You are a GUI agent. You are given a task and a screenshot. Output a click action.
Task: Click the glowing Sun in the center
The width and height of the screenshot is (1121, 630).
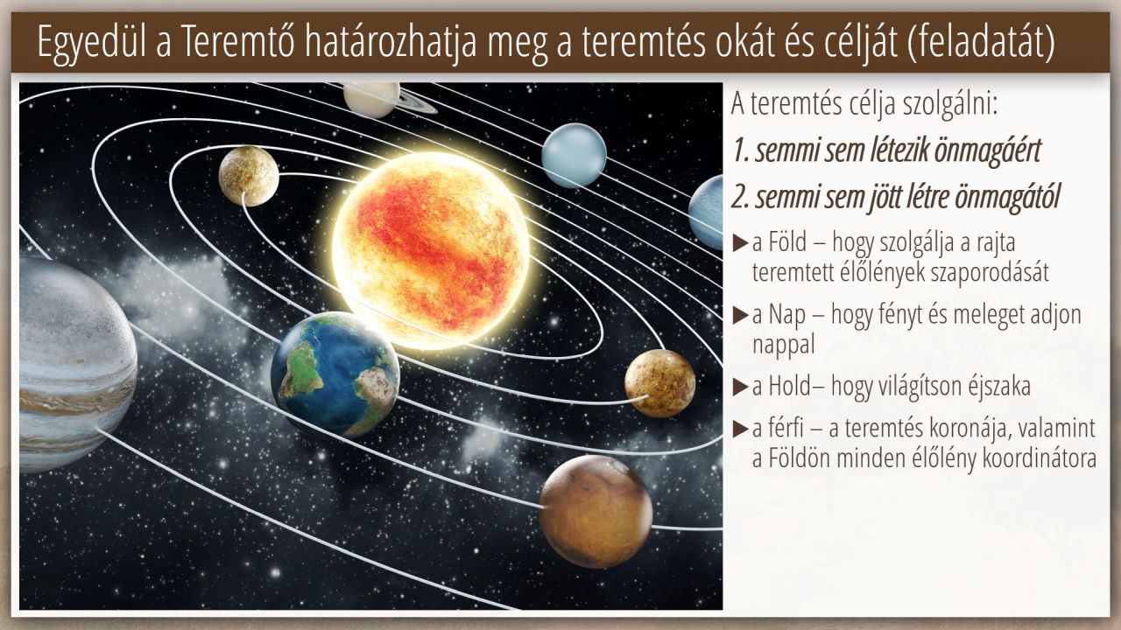click(x=430, y=251)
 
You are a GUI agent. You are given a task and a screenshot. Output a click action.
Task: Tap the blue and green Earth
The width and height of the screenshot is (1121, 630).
click(x=335, y=375)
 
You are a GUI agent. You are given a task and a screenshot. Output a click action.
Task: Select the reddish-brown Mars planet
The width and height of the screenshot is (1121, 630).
click(x=596, y=511)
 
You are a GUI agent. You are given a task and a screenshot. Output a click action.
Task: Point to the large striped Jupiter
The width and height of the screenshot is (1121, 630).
click(x=75, y=365)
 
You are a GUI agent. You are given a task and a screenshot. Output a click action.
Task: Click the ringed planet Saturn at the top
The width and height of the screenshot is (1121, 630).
click(x=373, y=100)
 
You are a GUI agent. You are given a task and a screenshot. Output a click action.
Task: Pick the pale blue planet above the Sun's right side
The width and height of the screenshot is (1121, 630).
click(x=574, y=155)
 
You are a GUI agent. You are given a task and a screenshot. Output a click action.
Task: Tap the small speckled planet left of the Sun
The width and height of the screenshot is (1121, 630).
click(x=249, y=176)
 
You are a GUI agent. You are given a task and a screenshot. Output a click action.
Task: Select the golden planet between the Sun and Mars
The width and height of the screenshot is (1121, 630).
click(x=660, y=383)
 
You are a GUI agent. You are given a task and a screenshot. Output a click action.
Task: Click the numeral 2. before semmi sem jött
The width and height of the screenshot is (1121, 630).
click(x=741, y=198)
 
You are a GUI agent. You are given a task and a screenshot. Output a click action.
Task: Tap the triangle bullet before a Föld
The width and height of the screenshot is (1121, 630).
click(x=740, y=243)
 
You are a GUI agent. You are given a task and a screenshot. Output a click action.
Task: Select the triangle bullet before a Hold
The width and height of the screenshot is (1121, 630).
click(x=740, y=387)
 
